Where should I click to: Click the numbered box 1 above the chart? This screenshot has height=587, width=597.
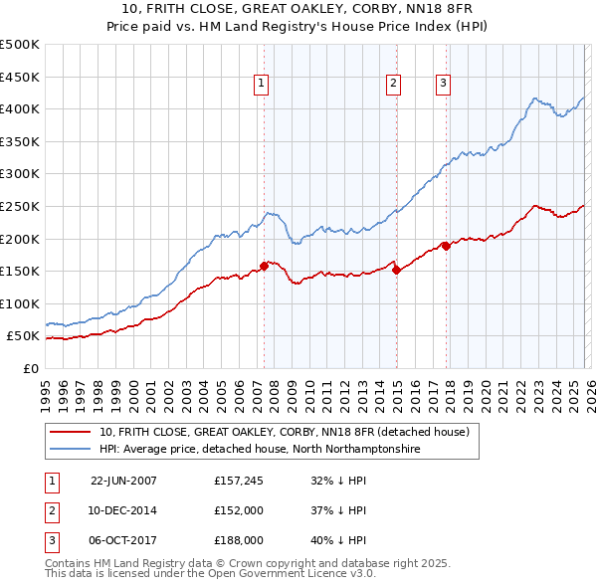(x=261, y=85)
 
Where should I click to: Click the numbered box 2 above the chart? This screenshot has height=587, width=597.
(x=394, y=85)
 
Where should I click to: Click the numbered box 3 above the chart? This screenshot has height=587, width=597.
(x=443, y=85)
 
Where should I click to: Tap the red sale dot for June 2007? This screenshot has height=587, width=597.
(x=265, y=266)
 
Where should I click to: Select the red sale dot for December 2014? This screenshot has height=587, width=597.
(x=396, y=269)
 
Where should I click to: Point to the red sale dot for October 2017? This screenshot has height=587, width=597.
(x=446, y=246)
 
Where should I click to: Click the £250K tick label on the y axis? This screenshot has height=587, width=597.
(x=19, y=206)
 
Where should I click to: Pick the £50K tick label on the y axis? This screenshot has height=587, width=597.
(x=23, y=336)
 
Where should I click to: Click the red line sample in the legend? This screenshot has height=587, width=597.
(x=71, y=432)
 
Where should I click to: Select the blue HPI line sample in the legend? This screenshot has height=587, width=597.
(x=71, y=450)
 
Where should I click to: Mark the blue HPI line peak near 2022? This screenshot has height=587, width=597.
(x=535, y=98)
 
